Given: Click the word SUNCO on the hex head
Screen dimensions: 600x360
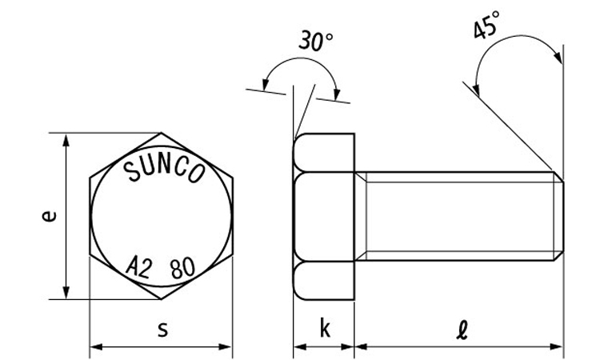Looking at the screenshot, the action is click(x=165, y=170).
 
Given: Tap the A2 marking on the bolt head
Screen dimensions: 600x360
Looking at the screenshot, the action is click(x=138, y=266).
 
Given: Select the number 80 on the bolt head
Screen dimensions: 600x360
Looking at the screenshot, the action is click(x=183, y=268).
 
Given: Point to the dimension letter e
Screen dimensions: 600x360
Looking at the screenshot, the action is click(x=49, y=216).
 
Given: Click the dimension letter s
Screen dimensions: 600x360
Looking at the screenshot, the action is click(x=163, y=330).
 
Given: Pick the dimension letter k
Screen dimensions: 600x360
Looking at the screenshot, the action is click(x=325, y=328).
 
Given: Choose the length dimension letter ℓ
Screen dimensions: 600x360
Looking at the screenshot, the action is click(x=462, y=330).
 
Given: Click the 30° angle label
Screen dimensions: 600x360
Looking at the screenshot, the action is click(x=315, y=41).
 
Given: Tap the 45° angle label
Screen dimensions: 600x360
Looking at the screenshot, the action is click(x=486, y=25).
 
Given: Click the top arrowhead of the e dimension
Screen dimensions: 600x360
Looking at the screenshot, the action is click(x=66, y=140).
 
